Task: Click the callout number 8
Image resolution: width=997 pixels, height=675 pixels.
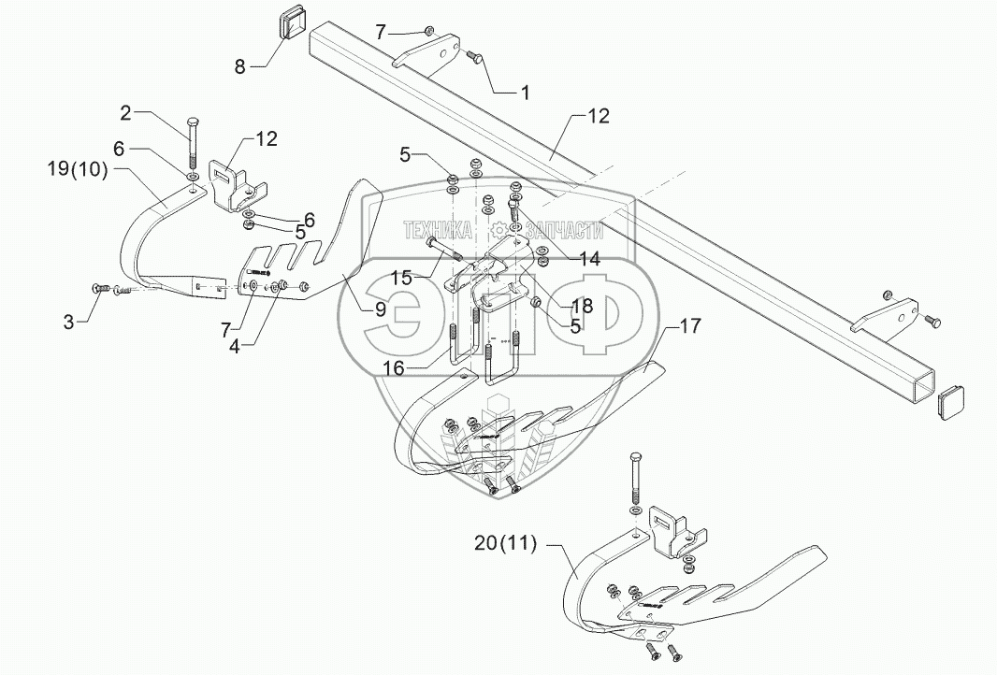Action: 241,67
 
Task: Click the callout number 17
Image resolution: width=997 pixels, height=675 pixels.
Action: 690,326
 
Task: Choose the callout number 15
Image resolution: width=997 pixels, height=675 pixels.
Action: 402,278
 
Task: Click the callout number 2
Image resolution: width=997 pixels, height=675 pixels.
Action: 125,113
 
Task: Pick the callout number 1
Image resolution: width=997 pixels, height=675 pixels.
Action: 525,93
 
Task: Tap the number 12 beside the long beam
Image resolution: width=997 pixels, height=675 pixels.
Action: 599,117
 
